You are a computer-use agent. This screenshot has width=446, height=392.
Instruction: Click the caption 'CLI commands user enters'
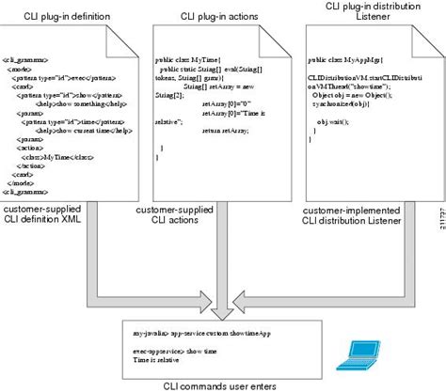222,385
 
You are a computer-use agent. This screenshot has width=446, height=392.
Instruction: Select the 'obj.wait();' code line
355,122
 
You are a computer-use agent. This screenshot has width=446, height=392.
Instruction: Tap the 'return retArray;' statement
222,131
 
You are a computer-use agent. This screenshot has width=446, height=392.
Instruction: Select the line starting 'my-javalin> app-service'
195,332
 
